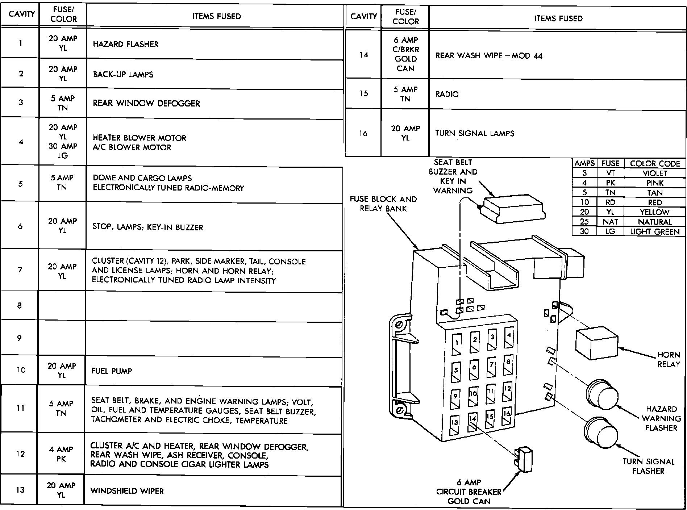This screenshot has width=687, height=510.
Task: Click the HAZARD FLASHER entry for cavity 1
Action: [x=126, y=44]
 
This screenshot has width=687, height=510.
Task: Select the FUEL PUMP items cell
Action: [x=112, y=371]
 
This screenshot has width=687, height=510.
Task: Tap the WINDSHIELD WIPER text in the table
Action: [x=127, y=491]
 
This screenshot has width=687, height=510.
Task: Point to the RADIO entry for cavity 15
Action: [x=447, y=94]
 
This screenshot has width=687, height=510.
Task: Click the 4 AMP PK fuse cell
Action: [x=61, y=454]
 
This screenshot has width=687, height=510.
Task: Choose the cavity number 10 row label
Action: [x=21, y=370]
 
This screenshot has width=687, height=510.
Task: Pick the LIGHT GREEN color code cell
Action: [x=655, y=232]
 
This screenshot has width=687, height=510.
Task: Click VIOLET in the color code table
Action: [x=655, y=173]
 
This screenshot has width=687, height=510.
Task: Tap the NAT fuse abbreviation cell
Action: [x=610, y=222]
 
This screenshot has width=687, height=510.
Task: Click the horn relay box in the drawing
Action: [x=596, y=344]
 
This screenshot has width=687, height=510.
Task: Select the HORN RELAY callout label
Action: [x=669, y=359]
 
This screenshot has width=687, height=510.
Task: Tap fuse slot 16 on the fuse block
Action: [x=507, y=417]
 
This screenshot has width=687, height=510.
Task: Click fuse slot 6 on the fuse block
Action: [x=474, y=369]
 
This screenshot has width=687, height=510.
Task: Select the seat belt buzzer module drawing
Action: [x=515, y=209]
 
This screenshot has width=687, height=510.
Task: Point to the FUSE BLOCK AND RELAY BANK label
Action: [x=383, y=204]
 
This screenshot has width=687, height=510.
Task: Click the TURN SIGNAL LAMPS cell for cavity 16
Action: [x=475, y=133]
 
